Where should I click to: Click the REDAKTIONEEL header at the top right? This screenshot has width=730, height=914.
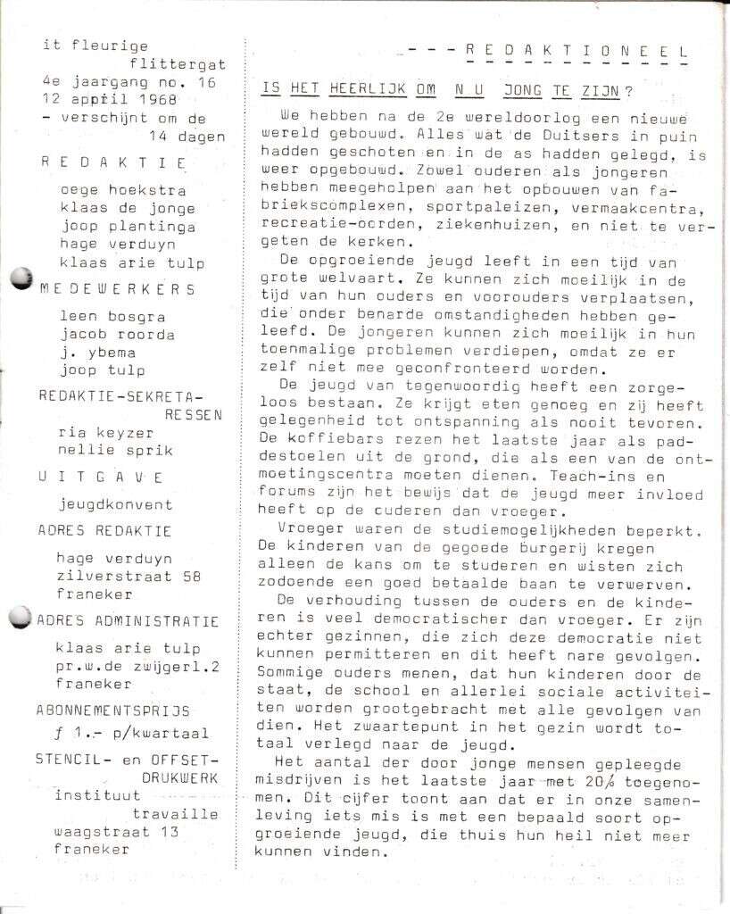click(x=577, y=52)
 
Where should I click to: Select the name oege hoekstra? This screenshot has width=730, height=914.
click(x=123, y=190)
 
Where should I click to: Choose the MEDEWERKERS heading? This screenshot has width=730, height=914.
click(x=118, y=289)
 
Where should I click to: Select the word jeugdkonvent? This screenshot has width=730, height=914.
click(x=116, y=504)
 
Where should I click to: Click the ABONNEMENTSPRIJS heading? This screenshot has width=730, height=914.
click(x=113, y=710)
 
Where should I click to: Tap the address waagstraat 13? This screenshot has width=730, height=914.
click(x=117, y=831)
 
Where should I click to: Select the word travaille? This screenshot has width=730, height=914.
click(x=175, y=813)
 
